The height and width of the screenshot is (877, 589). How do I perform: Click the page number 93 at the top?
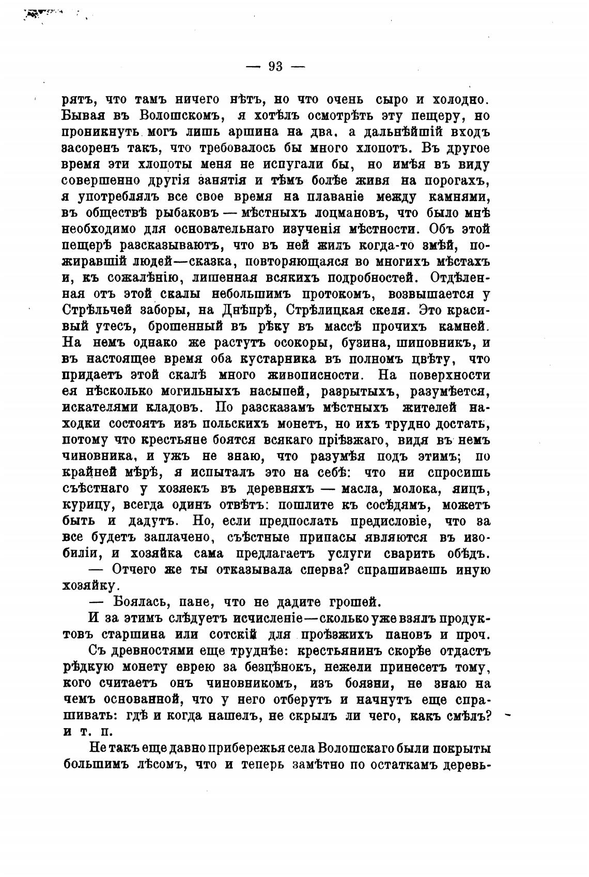coord(275,66)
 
